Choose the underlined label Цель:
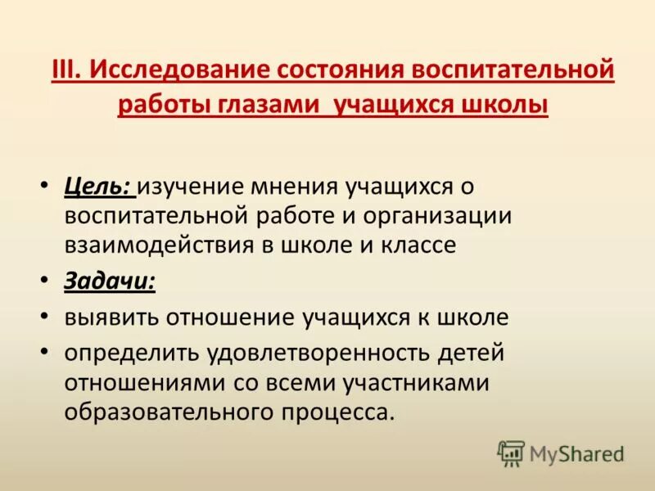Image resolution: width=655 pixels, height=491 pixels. pos(98,187)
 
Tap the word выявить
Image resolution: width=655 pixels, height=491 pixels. pos(111,318)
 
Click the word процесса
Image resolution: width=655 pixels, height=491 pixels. pos(336,412)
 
